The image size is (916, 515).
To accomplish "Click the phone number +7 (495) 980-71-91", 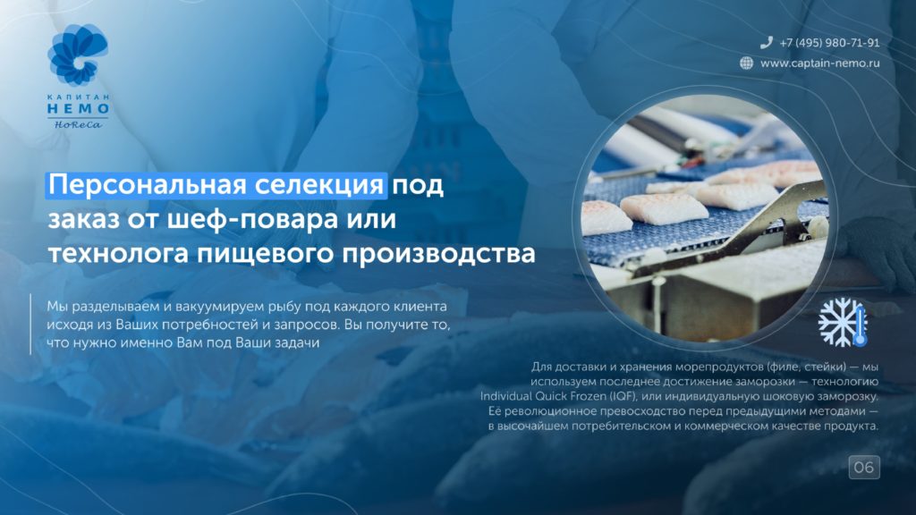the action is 829,43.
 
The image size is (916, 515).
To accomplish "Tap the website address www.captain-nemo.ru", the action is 819,63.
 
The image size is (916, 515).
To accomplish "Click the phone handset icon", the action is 766,42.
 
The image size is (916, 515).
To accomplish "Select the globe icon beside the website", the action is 747,63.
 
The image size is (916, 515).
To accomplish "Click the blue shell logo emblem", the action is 78,55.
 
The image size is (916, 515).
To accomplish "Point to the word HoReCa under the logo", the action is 78,124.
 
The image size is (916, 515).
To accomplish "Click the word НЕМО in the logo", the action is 78,108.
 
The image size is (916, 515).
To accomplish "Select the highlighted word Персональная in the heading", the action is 148,185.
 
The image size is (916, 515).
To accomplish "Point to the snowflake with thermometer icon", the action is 843,322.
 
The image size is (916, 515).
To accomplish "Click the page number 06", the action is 864,467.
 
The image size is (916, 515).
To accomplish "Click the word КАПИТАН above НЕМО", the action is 78,97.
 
